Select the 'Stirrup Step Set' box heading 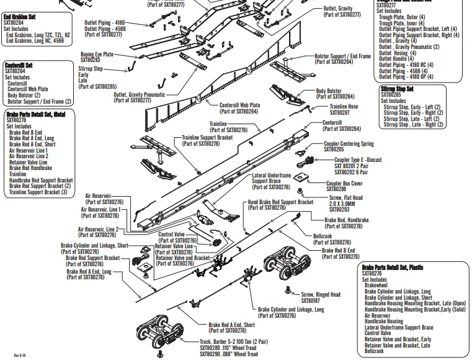pyautogui.click(x=397, y=89)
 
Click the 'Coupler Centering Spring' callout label pyautogui.click(x=349, y=144)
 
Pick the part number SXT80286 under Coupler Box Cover pyautogui.click(x=338, y=189)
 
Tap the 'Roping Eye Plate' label pyautogui.click(x=97, y=55)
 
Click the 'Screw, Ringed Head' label pyautogui.click(x=321, y=294)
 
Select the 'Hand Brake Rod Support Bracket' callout pyautogui.click(x=280, y=202)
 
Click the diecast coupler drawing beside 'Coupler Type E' pyautogui.click(x=305, y=163)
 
